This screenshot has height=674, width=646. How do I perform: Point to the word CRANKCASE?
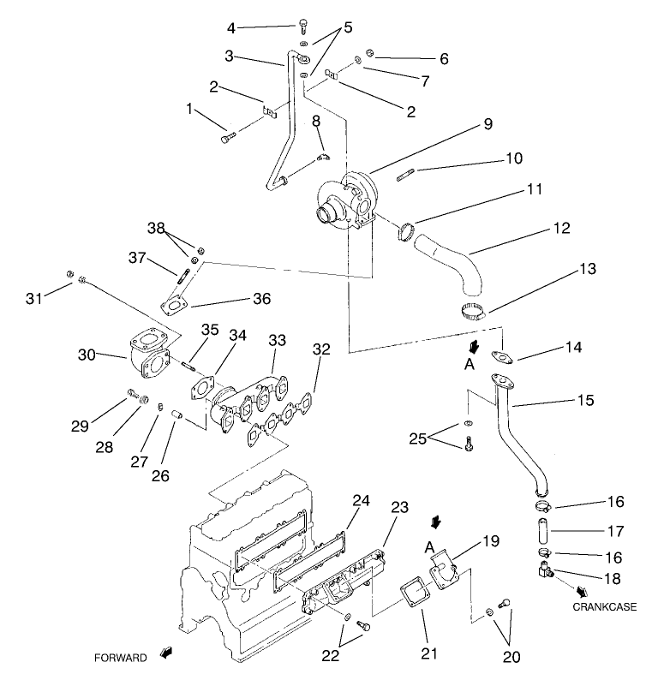[x=605, y=607]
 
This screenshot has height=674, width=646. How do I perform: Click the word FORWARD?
[x=121, y=658]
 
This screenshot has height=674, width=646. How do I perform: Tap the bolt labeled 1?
[x=226, y=136]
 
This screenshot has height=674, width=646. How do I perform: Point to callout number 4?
[x=230, y=27]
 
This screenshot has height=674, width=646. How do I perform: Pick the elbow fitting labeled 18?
[x=542, y=564]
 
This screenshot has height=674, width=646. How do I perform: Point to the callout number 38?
[x=154, y=229]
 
